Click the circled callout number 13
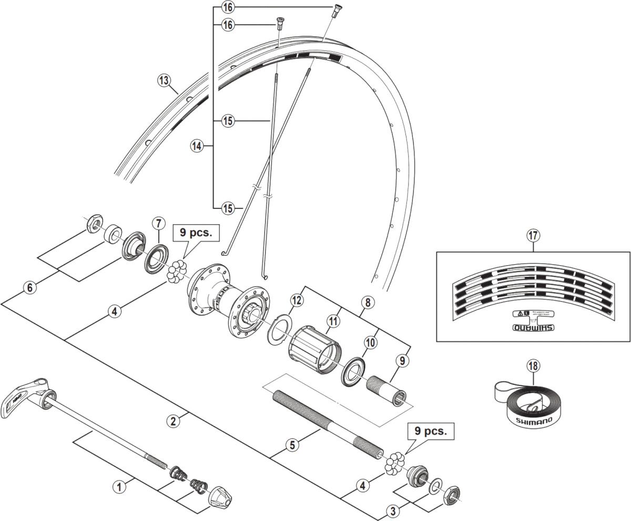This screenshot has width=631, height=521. [x=165, y=80]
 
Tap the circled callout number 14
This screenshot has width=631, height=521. [x=197, y=145]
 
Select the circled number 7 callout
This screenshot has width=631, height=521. [x=158, y=223]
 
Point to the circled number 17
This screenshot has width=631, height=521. [x=533, y=235]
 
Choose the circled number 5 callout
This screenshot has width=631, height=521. [x=293, y=445]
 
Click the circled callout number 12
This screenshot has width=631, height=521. [x=297, y=300]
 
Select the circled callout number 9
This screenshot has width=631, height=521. [x=403, y=361]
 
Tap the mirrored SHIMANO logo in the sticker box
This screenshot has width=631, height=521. [x=533, y=329]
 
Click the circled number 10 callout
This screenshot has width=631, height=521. [x=370, y=342]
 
